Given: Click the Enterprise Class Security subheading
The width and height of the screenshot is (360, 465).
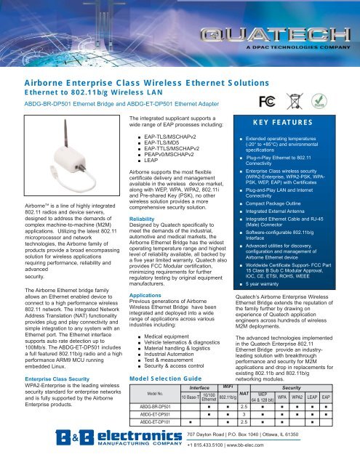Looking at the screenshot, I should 43,379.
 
